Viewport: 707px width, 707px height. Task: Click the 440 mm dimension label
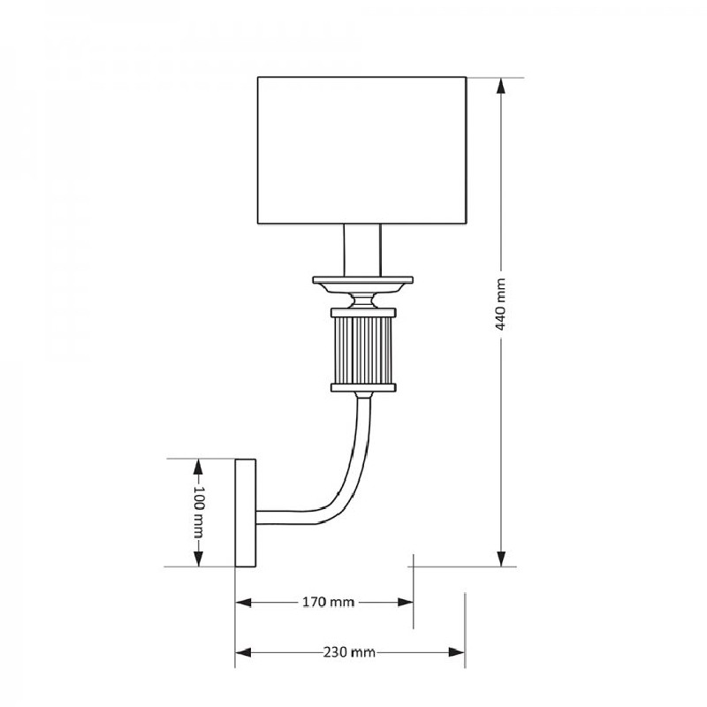[x=500, y=304]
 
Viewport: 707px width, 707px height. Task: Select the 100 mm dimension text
[x=198, y=513]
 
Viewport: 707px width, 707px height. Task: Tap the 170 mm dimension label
[x=328, y=602]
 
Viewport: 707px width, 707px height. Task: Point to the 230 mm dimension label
[x=349, y=652]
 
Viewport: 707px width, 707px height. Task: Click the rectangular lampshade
[x=362, y=150]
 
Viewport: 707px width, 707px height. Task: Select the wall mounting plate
[x=246, y=513]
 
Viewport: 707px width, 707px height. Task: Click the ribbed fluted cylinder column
[x=363, y=350]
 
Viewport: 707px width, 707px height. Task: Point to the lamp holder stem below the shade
[x=362, y=250]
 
